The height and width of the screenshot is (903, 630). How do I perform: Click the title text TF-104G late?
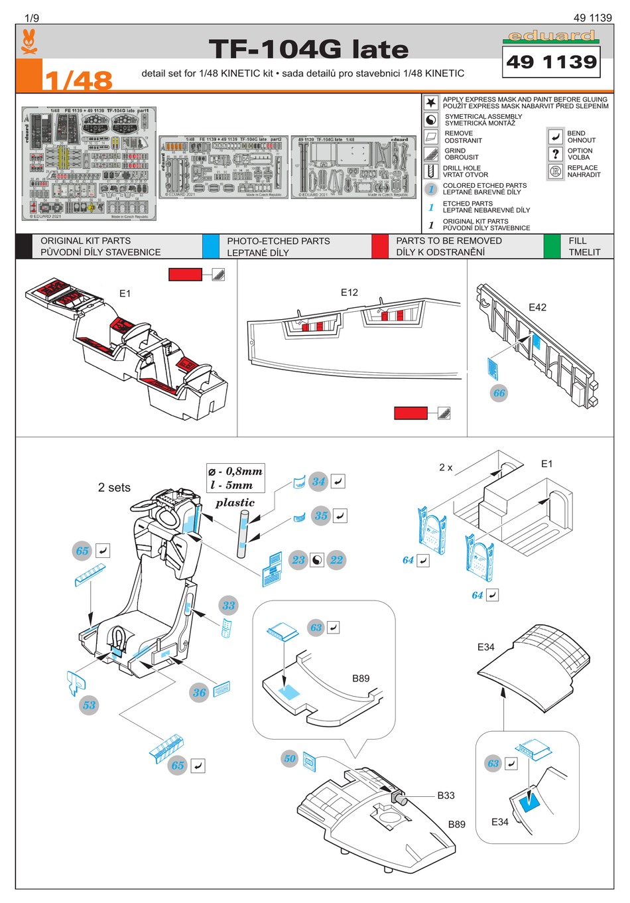click(x=308, y=50)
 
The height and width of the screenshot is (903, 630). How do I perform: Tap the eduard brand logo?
click(x=551, y=36)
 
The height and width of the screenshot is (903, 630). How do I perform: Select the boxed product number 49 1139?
click(x=551, y=62)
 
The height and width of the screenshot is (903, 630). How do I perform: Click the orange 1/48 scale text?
click(x=78, y=80)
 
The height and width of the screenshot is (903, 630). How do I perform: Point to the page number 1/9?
click(x=32, y=18)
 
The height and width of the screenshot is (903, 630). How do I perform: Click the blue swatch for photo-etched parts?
click(x=210, y=246)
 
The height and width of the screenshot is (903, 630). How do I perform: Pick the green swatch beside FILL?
click(x=551, y=246)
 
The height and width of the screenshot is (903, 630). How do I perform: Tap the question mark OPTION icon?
click(x=556, y=154)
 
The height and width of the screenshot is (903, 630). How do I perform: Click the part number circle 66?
click(x=499, y=393)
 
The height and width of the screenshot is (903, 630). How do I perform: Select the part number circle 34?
click(x=319, y=482)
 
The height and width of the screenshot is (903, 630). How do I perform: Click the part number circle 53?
click(x=90, y=705)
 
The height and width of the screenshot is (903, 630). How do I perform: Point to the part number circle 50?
click(x=290, y=758)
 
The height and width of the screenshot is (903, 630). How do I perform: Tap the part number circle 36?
click(x=200, y=693)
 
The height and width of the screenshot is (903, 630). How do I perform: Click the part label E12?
click(x=349, y=293)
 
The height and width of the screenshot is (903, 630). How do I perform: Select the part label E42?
click(x=537, y=307)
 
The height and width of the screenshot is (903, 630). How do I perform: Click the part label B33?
click(x=446, y=796)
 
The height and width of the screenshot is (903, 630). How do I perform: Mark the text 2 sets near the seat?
click(x=114, y=488)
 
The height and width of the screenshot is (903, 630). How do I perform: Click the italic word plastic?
click(x=235, y=503)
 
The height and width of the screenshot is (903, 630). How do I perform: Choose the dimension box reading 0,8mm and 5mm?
click(x=235, y=478)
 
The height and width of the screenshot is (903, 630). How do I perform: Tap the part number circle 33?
click(x=229, y=605)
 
